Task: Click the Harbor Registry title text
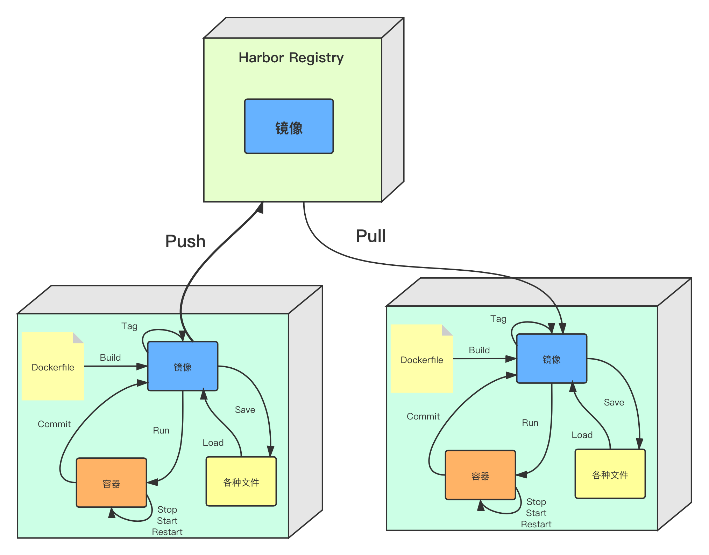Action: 291,58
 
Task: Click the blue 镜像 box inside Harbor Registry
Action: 289,126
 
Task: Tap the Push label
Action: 185,241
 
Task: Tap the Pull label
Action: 371,236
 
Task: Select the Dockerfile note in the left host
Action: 53,367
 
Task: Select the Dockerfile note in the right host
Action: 422,359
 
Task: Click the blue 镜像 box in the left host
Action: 183,366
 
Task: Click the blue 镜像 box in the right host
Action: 552,359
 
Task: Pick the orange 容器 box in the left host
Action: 111,483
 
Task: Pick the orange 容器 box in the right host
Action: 480,475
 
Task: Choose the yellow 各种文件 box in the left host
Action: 241,482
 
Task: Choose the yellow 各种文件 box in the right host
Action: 610,474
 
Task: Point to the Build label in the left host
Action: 110,358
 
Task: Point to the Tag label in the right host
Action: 498,319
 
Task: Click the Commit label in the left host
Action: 54,424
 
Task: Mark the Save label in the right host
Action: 614,402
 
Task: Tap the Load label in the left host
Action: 213,443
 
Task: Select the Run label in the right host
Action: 530,423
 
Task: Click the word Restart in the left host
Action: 167,532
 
